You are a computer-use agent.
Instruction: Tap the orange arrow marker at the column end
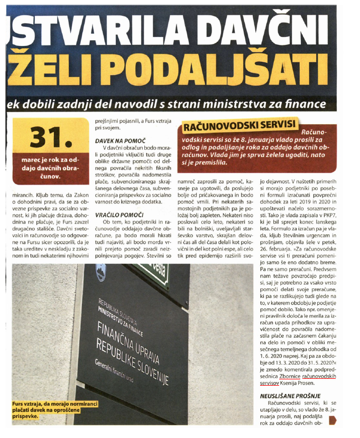pos(332,421)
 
